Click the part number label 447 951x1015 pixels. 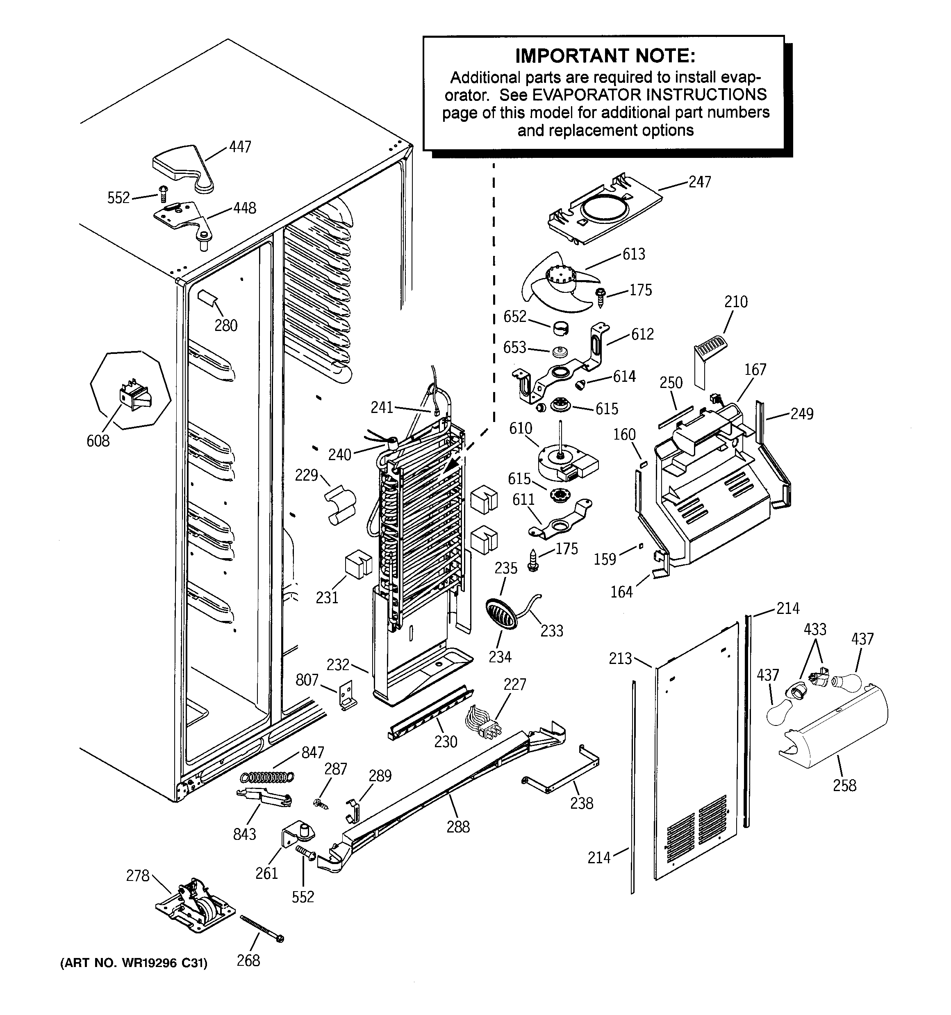(240, 147)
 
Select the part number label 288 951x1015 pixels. (458, 827)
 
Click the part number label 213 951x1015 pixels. (620, 659)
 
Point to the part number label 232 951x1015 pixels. (338, 665)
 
